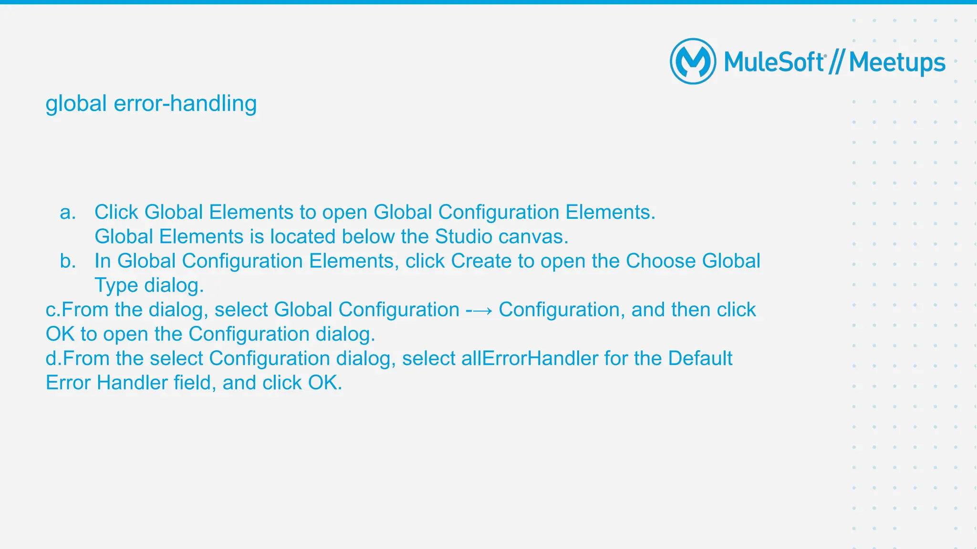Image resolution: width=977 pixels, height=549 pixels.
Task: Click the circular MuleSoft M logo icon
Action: click(x=693, y=61)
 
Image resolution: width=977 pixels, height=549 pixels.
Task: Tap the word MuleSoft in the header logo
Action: click(x=774, y=62)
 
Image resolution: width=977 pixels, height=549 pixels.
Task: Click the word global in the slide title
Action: click(x=76, y=103)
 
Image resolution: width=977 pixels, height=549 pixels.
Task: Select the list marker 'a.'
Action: click(x=68, y=213)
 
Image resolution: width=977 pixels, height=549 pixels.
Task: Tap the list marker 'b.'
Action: click(x=68, y=261)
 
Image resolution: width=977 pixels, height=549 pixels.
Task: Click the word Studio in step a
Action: click(x=463, y=237)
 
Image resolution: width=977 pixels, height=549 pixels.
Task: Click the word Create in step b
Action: click(x=481, y=261)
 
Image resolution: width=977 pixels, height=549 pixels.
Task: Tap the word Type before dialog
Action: click(x=116, y=285)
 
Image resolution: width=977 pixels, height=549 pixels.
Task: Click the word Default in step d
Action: click(x=700, y=358)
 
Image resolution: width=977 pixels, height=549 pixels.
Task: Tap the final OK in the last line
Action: click(x=324, y=383)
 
